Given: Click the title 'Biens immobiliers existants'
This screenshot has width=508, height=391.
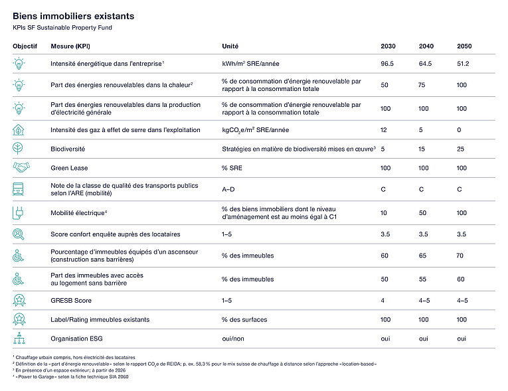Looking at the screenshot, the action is point(73,16).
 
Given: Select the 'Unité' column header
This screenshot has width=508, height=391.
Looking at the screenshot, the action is point(230,46).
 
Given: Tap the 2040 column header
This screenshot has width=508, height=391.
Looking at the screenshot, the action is point(426,46).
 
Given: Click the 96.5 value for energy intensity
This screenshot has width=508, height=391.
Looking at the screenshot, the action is point(387,64).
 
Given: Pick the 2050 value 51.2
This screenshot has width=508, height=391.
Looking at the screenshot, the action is point(463,64).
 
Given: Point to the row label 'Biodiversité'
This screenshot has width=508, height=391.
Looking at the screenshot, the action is point(68,149).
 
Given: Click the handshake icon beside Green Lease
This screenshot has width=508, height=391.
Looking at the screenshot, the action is point(21,167).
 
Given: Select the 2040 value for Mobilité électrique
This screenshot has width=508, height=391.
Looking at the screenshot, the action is point(422,213).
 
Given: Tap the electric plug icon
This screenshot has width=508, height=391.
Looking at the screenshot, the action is point(18,213).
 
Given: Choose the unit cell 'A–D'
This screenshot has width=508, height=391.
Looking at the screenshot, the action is point(228,189).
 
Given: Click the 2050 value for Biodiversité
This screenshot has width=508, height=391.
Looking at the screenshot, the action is point(460,149).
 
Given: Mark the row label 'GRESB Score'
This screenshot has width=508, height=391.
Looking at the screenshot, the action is point(71,301).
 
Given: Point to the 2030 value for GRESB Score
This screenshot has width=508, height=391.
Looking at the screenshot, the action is point(382,301).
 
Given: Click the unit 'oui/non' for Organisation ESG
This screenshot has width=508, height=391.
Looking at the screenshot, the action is point(233,339).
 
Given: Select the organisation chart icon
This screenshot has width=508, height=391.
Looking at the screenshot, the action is point(19,338).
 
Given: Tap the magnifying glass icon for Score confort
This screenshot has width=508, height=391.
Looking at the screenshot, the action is point(19,234).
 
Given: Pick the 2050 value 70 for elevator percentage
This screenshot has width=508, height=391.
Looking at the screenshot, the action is point(460,256).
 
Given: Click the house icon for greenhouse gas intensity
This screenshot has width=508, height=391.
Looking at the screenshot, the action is point(19,129).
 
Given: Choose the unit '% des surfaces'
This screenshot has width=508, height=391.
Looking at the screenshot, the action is point(244,320).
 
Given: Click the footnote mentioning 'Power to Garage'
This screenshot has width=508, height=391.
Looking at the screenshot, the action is point(70,377).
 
